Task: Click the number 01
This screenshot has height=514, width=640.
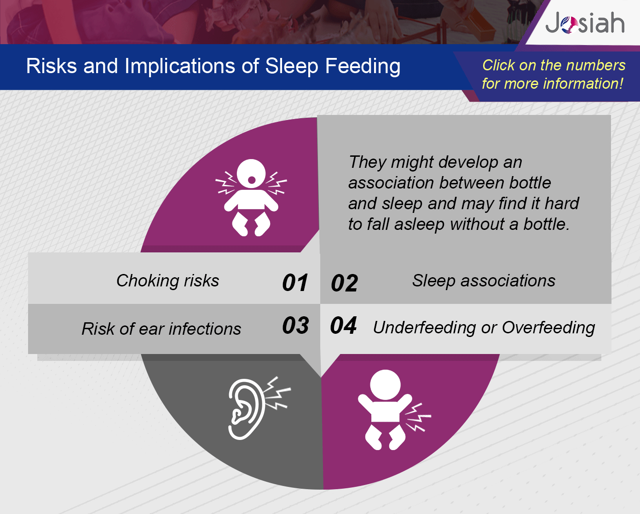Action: [x=295, y=282]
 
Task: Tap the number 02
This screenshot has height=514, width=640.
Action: [x=345, y=283]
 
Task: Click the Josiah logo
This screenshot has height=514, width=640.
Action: [x=585, y=23]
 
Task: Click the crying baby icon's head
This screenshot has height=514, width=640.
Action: [x=251, y=174]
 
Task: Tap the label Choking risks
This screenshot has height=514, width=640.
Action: [x=168, y=280]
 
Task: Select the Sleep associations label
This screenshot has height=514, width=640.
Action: [x=484, y=280]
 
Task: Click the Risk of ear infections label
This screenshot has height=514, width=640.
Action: [x=161, y=329]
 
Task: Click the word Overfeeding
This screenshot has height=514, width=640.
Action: [x=548, y=328]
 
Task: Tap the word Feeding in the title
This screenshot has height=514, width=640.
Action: [x=363, y=66]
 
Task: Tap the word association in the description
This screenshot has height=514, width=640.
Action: [x=391, y=183]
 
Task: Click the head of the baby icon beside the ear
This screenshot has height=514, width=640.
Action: [x=385, y=385]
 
